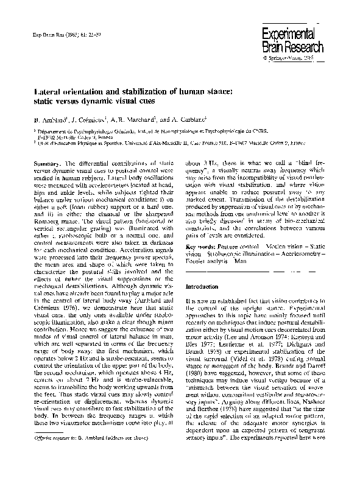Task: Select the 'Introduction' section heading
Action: (205, 286)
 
